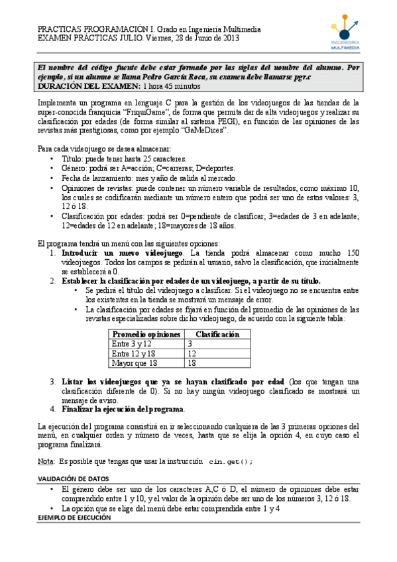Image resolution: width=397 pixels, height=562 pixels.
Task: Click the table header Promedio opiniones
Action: click(x=146, y=335)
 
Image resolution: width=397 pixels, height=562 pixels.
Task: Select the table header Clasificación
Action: click(x=217, y=335)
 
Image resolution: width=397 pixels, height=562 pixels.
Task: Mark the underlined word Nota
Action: click(x=45, y=461)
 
